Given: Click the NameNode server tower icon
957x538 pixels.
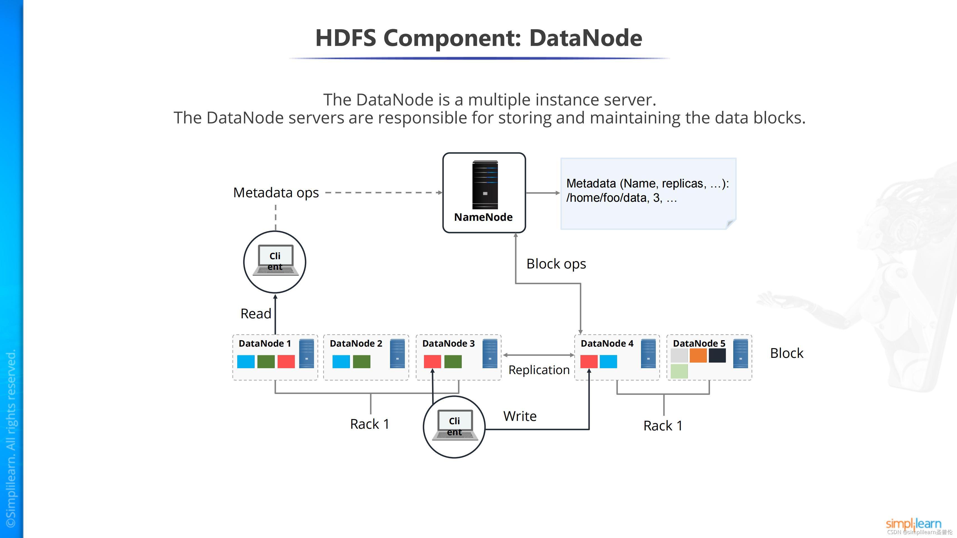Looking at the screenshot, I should point(485,185).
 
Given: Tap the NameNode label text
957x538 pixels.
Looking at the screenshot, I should point(483,217).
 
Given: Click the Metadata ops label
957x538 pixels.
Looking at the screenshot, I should point(276,193).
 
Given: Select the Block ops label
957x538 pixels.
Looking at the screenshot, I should point(556,264).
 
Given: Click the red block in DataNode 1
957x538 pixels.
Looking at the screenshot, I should point(286,361).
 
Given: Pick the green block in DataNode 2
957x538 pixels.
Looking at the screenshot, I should point(361,361).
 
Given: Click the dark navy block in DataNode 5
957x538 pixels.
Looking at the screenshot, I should point(717,355).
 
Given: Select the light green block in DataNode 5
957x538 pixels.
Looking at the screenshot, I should point(679,371).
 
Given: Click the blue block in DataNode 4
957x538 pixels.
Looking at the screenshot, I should point(608,361).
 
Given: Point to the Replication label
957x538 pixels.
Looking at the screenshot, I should point(539,370).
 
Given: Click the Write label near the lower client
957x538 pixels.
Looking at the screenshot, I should point(520,416).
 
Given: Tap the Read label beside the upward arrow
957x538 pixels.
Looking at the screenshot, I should point(256,314).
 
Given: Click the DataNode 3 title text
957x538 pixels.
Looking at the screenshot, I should point(448,344).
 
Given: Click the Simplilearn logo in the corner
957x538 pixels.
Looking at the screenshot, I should point(913,523).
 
